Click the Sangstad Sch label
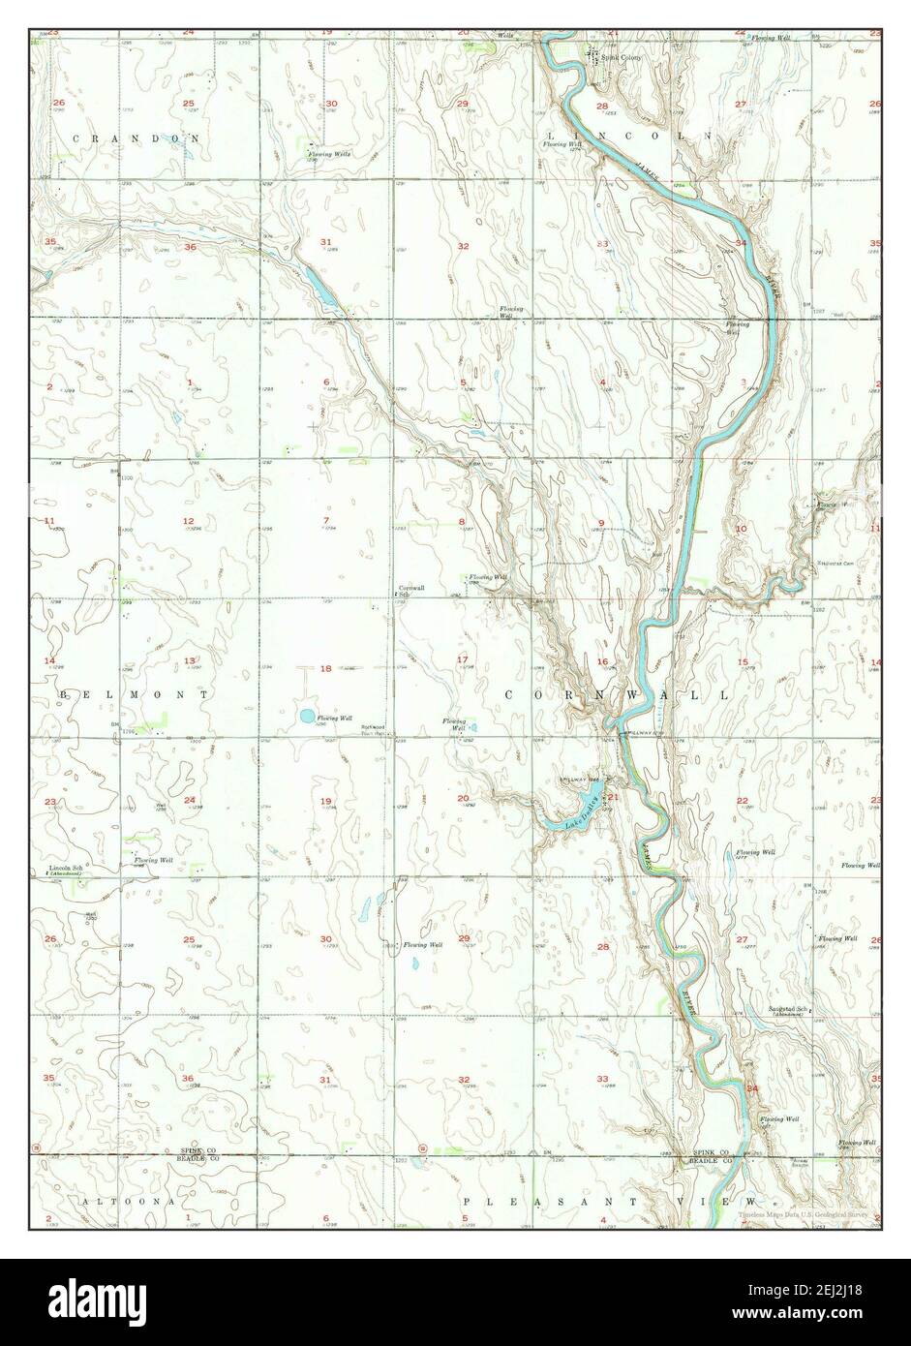coord(790,1009)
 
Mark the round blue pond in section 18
coord(306,718)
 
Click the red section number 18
coord(326,668)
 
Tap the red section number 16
coord(601,662)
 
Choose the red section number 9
coord(601,523)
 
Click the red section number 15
coord(743,661)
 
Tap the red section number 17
coord(463,660)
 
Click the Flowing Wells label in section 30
coord(329,154)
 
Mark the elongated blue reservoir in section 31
coord(322,288)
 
